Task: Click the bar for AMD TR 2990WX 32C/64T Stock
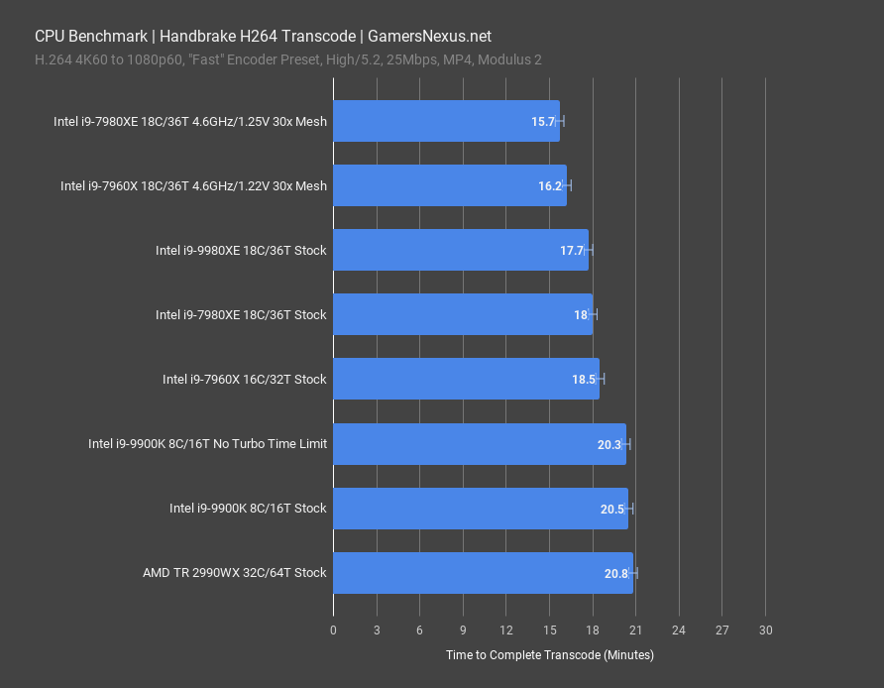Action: click(483, 573)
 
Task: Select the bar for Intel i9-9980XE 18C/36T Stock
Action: click(461, 251)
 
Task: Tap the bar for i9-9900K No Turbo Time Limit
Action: click(480, 444)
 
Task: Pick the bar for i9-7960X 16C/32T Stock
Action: click(466, 380)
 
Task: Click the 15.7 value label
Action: click(542, 122)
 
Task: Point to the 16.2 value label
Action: click(549, 186)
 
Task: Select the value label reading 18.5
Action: click(583, 380)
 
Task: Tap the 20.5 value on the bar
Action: click(611, 509)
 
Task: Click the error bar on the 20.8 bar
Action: click(633, 573)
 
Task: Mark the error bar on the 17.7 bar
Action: click(589, 251)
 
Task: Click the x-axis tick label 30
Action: click(765, 631)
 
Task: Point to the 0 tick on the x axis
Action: click(333, 631)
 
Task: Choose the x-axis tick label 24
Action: click(679, 631)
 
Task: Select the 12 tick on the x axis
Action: click(505, 631)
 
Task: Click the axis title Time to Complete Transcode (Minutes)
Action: click(549, 655)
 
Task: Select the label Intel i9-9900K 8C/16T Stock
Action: click(248, 509)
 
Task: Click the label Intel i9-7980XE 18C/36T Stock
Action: click(241, 315)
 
